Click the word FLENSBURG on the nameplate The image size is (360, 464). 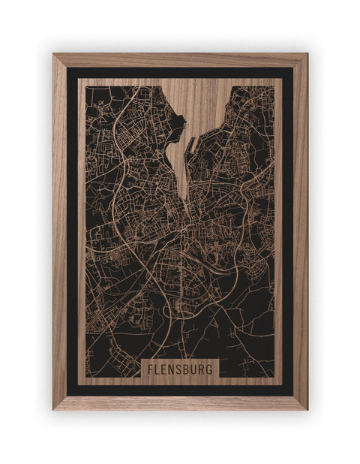click(x=179, y=369)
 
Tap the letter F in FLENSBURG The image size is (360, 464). click(x=150, y=369)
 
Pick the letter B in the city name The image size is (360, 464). click(x=186, y=369)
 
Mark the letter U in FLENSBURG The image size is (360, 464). click(x=193, y=369)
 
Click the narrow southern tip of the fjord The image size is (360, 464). click(x=184, y=197)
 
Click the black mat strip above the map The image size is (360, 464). click(x=180, y=73)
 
